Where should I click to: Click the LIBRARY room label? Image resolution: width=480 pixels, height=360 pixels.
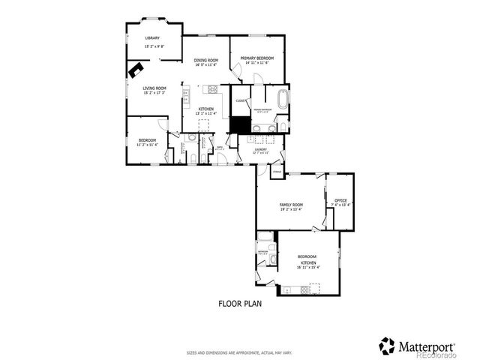[153, 37]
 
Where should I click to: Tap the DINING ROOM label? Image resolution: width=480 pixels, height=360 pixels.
[205, 60]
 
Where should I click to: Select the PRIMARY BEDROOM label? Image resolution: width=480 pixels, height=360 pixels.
[256, 58]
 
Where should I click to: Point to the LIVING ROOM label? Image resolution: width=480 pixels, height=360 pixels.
[154, 87]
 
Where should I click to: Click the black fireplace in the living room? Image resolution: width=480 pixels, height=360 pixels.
[136, 70]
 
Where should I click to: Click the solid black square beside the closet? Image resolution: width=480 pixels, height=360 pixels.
[239, 124]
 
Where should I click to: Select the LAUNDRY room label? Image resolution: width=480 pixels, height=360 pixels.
[260, 149]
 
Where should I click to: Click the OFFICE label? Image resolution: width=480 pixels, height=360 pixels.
[340, 200]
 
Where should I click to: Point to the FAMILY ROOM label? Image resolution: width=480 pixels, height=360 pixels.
[291, 205]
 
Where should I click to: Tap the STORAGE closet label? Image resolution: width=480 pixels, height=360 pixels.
[277, 173]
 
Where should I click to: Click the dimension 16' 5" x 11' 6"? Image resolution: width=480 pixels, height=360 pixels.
[205, 65]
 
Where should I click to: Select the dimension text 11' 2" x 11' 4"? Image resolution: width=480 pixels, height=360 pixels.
[147, 145]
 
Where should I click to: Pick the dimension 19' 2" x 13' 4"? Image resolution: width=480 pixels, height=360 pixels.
[291, 210]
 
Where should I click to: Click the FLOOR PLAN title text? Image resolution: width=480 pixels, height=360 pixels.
[239, 304]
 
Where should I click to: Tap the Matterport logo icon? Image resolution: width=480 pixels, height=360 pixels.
[387, 345]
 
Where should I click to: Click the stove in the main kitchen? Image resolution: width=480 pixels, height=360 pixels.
[212, 89]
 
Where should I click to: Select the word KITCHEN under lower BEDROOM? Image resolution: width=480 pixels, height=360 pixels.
[308, 262]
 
